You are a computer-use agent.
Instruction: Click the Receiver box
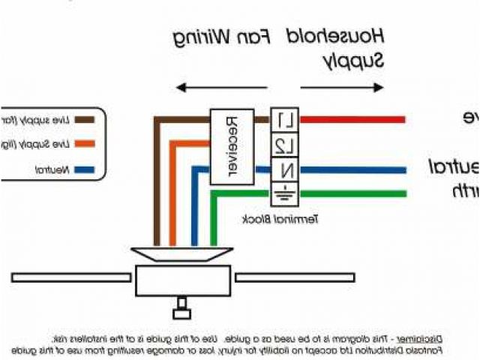tap(231, 147)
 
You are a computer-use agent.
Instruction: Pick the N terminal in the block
tap(285, 169)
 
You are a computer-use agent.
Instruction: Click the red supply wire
tap(352, 119)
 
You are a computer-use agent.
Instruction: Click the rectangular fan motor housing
tap(181, 281)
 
